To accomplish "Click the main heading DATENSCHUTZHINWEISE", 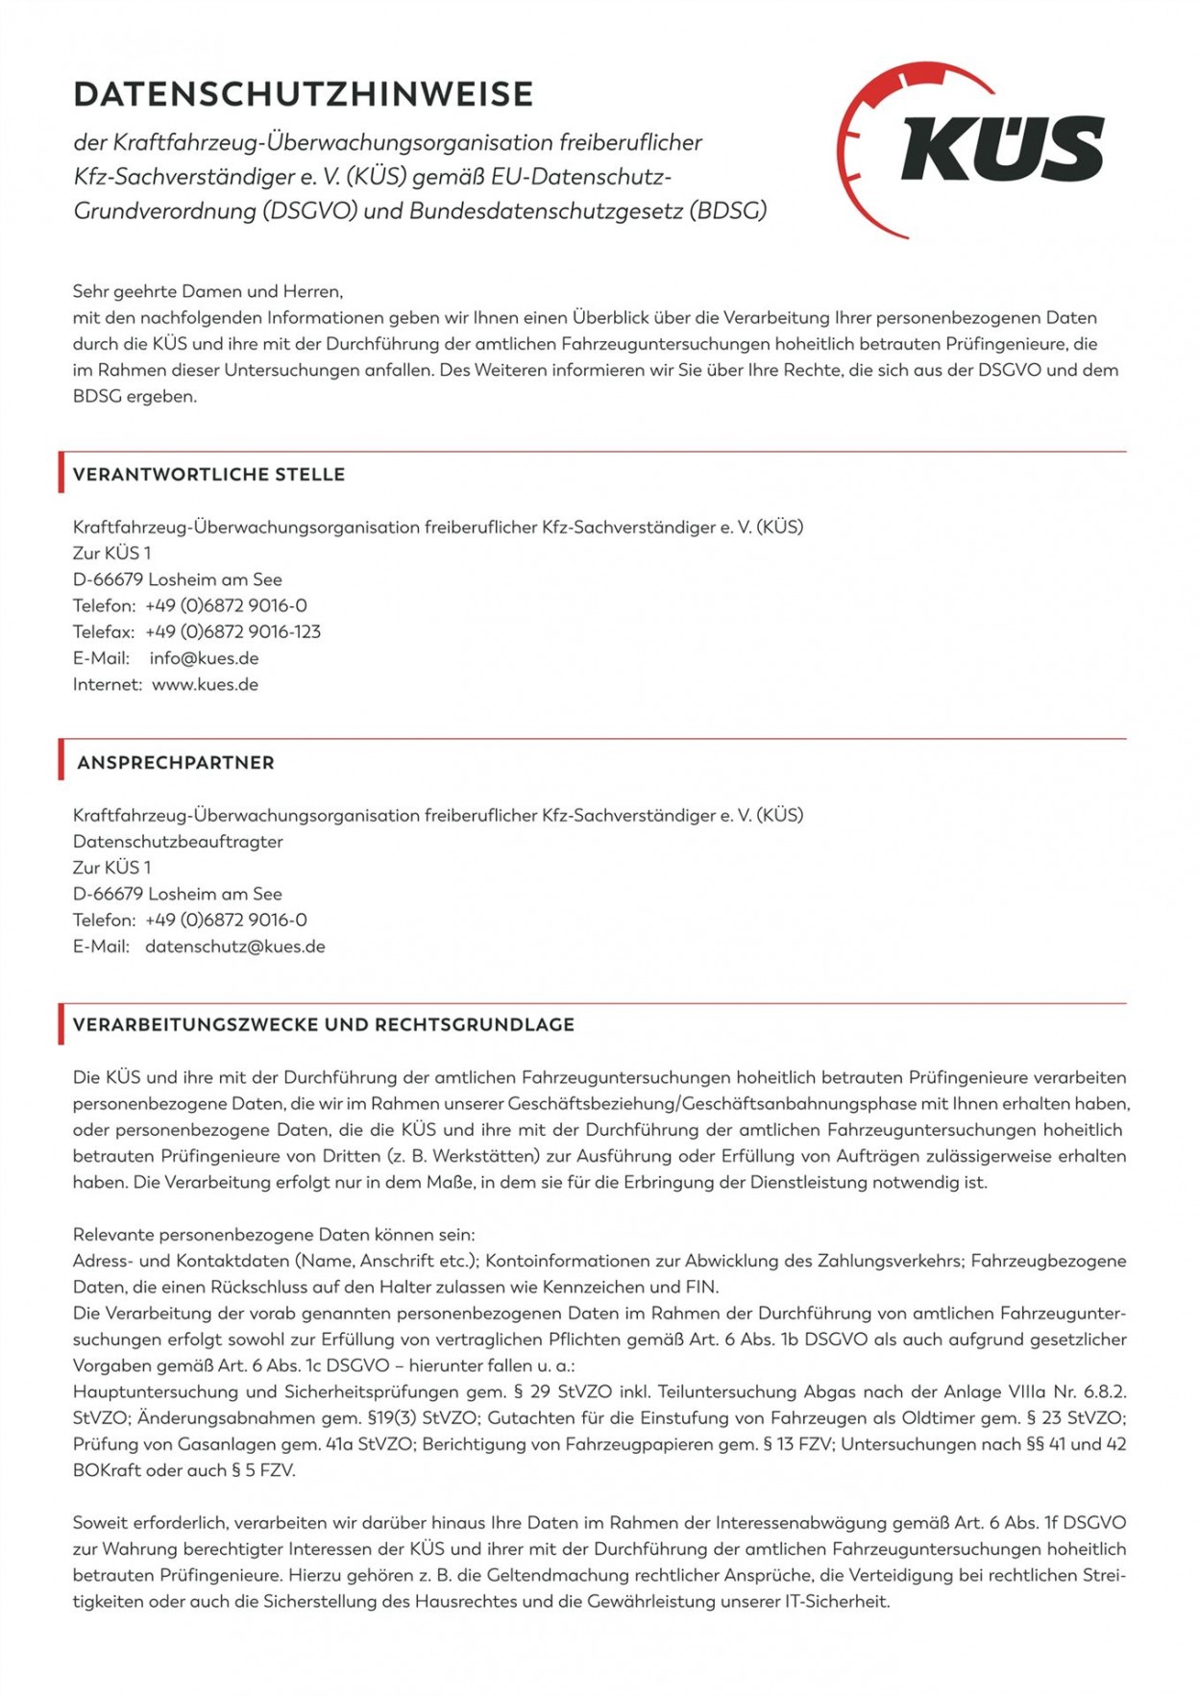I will coord(303,94).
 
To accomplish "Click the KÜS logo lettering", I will coord(1002,149).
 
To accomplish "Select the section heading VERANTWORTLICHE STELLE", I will coord(208,475).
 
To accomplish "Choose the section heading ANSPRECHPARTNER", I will coord(176,763).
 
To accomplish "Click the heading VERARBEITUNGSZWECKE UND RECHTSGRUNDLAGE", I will coord(324,1025).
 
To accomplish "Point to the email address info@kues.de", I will coord(204,658).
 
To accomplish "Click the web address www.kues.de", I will coord(205,685).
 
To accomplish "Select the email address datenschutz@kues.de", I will coord(235,947).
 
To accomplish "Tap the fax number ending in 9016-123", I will coord(232,632).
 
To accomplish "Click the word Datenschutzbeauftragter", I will coord(178,842).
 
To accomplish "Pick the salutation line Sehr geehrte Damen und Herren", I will coord(208,291).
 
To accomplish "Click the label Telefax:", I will coord(104,632).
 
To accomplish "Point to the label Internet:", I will coord(108,685).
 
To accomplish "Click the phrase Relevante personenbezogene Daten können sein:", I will coord(274,1235).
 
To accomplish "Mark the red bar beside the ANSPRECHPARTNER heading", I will coord(61,759).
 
